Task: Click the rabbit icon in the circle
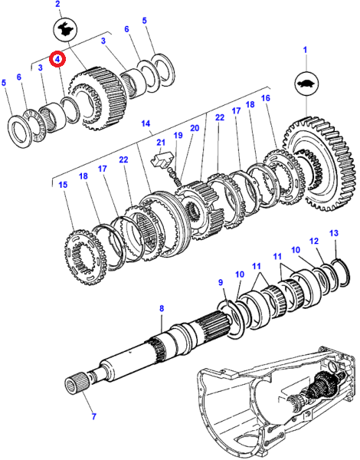[x=65, y=29]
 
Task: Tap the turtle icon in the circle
[x=306, y=84]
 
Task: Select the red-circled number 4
[x=57, y=59]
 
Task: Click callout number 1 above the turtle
[x=305, y=50]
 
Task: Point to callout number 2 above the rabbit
[x=57, y=4]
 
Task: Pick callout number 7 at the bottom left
[x=93, y=416]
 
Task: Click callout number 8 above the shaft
[x=162, y=308]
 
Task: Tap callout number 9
[x=221, y=282]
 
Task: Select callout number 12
[x=314, y=241]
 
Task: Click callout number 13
[x=334, y=233]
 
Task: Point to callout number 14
[x=146, y=123]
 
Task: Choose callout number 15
[x=63, y=185]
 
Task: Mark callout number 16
[x=265, y=97]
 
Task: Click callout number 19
[x=178, y=135]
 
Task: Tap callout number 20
[x=195, y=128]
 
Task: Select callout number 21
[x=161, y=143]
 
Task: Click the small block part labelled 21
[x=161, y=159]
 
